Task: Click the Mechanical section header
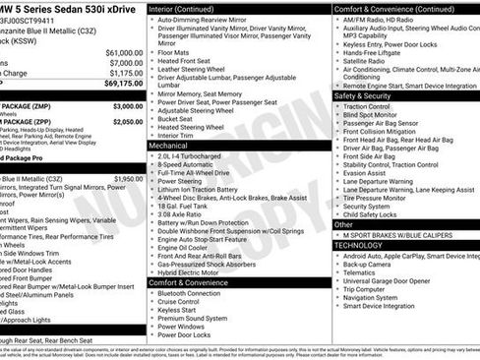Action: point(169,145)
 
